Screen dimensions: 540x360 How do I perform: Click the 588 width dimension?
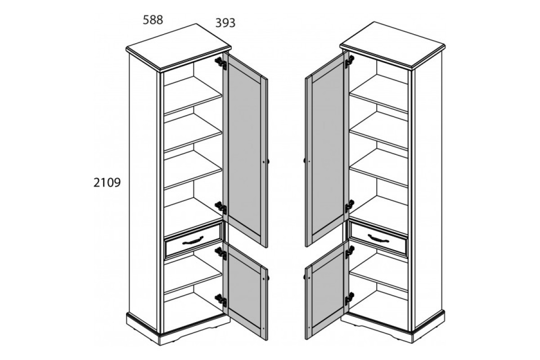[153, 20]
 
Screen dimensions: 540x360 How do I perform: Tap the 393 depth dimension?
[225, 23]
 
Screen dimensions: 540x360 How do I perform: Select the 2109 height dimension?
[107, 183]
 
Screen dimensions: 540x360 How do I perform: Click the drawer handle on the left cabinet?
[193, 240]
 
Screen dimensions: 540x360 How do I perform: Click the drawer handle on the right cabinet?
[378, 238]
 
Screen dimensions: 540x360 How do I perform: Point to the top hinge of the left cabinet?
[221, 63]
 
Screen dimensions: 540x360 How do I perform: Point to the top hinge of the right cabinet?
[349, 62]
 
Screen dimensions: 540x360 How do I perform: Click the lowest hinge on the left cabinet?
[221, 300]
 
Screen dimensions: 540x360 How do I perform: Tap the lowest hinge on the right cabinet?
[349, 298]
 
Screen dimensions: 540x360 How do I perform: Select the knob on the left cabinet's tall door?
[268, 162]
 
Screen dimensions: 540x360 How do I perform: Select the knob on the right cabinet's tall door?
[305, 161]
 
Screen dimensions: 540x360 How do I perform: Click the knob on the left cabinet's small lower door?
[268, 278]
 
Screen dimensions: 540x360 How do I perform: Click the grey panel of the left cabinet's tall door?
[244, 150]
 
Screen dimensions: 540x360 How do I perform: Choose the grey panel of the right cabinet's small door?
[328, 291]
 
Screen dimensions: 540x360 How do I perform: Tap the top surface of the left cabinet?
[178, 46]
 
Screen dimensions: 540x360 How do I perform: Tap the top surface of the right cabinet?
[393, 44]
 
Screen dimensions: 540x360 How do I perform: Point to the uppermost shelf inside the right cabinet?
[379, 93]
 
